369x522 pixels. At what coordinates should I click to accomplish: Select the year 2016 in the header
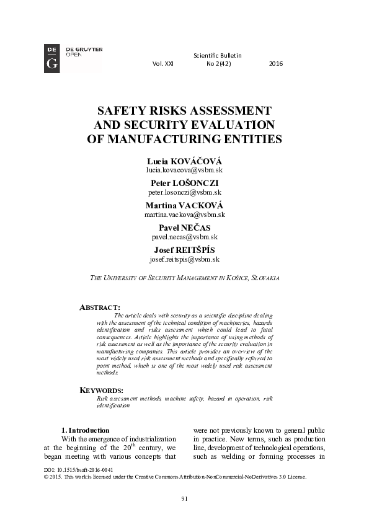[276, 64]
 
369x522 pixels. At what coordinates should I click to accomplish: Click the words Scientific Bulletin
[218, 56]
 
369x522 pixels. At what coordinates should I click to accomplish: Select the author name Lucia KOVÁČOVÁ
[184, 160]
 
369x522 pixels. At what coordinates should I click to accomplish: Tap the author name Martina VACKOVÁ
[184, 205]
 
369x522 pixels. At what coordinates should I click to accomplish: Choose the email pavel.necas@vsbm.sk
[184, 237]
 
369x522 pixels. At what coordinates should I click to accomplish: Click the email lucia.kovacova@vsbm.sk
[184, 169]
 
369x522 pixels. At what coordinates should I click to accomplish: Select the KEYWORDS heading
[103, 390]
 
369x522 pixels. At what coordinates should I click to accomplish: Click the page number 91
[184, 499]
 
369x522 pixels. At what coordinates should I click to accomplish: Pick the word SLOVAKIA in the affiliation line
[265, 279]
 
